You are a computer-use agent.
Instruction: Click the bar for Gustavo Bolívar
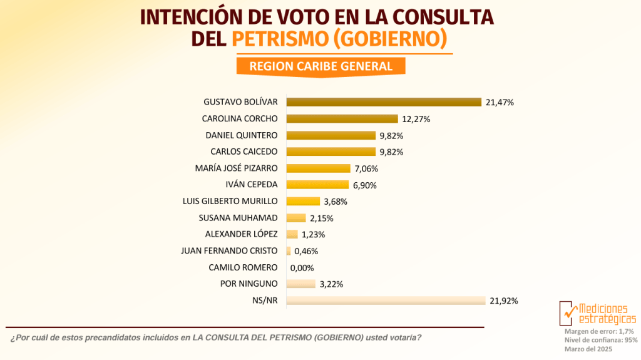coord(383,102)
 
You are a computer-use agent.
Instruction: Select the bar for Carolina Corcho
coord(342,118)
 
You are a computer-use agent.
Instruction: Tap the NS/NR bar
coord(386,301)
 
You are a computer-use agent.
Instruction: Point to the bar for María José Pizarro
coord(318,168)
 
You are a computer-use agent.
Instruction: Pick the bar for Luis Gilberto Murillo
coord(303,201)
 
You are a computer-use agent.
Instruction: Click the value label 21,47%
coord(500,102)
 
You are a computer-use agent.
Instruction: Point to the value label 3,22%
coord(331,284)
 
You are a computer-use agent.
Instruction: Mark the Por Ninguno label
coord(249,284)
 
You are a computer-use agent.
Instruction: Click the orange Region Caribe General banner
coord(320,66)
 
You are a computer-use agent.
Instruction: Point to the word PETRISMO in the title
coord(279,39)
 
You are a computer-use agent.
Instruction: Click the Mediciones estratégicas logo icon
coord(568,312)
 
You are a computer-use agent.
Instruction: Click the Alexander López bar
coord(292,234)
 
